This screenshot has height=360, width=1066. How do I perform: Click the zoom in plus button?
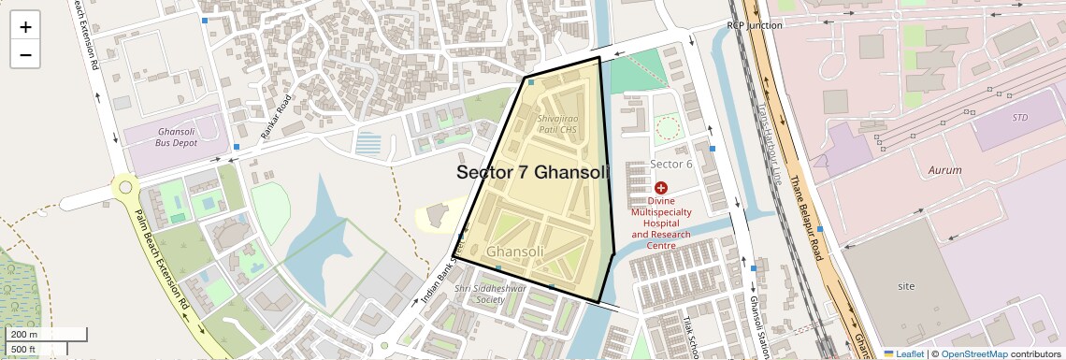coord(25,27)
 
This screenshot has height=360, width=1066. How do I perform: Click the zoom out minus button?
coord(25,54)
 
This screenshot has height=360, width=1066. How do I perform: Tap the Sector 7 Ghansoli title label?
coord(532,173)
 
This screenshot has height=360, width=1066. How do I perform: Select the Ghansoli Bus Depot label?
coord(176,138)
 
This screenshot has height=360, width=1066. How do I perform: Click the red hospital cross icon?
coord(661,188)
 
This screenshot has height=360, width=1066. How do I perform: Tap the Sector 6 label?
coord(670,165)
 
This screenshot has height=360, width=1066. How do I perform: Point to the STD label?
coord(1019,118)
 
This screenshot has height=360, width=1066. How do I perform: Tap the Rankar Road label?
coord(277,118)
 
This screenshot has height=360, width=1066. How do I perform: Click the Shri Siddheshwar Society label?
coord(486,295)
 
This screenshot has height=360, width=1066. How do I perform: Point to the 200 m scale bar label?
coord(24,334)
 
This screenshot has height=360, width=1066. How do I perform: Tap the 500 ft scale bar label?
coord(24,349)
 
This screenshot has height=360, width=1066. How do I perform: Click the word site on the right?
coord(906,284)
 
